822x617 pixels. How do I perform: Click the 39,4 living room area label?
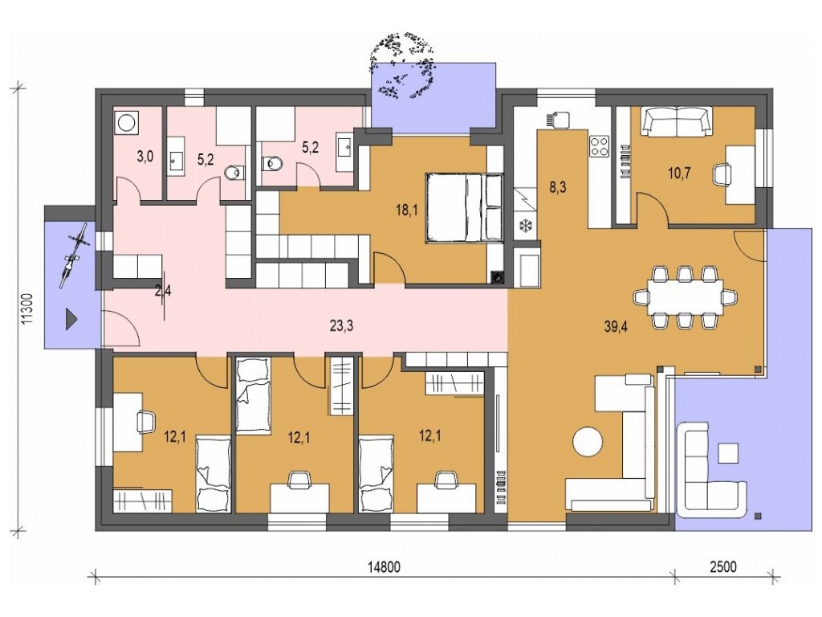pyautogui.click(x=616, y=327)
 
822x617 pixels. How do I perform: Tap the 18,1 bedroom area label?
pyautogui.click(x=408, y=210)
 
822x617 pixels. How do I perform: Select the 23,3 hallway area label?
pyautogui.click(x=341, y=326)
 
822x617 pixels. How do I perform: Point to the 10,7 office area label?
pyautogui.click(x=679, y=173)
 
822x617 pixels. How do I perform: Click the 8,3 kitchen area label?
pyautogui.click(x=557, y=187)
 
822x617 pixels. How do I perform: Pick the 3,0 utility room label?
pyautogui.click(x=144, y=157)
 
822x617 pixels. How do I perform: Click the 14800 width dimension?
pyautogui.click(x=384, y=567)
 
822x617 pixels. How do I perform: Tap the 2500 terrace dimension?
pyautogui.click(x=723, y=567)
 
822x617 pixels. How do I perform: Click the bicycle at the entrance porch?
pyautogui.click(x=73, y=254)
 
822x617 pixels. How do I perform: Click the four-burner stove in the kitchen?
pyautogui.click(x=599, y=146)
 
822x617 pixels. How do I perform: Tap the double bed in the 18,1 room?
pyautogui.click(x=465, y=208)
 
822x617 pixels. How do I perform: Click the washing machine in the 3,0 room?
pyautogui.click(x=127, y=123)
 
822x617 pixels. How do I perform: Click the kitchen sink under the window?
pyautogui.click(x=555, y=120)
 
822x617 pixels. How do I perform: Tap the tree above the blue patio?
pyautogui.click(x=401, y=65)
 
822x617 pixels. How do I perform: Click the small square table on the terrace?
pyautogui.click(x=728, y=453)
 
